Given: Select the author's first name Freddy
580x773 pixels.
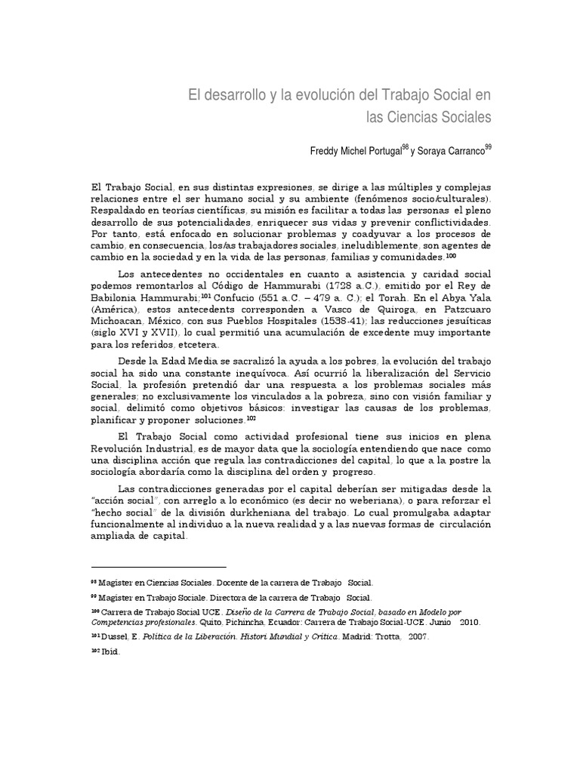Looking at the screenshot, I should [x=326, y=151].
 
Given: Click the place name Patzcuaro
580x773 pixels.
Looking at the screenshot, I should [x=464, y=319].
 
